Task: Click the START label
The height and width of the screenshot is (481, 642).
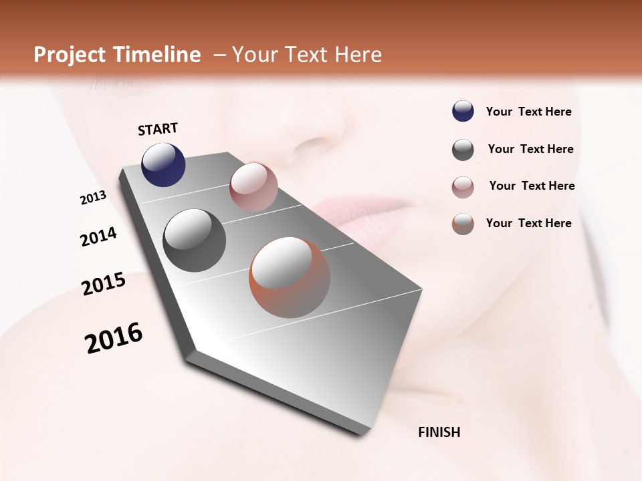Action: click(x=158, y=129)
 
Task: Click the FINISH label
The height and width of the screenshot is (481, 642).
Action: click(x=439, y=432)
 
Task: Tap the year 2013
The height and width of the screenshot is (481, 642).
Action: click(x=93, y=198)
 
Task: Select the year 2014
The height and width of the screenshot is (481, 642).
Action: click(x=98, y=237)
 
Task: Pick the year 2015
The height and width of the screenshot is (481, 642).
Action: click(x=104, y=284)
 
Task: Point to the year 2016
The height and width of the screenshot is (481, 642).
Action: click(x=114, y=338)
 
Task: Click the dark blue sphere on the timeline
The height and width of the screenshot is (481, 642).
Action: click(x=163, y=164)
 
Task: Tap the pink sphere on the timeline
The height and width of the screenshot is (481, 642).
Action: click(x=253, y=186)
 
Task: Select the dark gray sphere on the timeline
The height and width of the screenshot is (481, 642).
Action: click(x=195, y=240)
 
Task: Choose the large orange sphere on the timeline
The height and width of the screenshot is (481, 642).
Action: click(x=290, y=277)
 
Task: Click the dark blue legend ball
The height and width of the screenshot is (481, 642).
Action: click(x=463, y=112)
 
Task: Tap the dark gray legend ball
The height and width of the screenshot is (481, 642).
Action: click(x=463, y=150)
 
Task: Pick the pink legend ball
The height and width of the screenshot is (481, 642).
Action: click(x=463, y=187)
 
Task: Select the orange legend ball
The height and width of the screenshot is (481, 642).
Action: click(x=463, y=224)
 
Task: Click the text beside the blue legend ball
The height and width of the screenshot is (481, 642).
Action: click(x=528, y=112)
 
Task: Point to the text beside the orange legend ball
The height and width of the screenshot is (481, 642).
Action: click(x=528, y=223)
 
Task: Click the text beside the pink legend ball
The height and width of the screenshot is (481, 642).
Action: click(x=532, y=186)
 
